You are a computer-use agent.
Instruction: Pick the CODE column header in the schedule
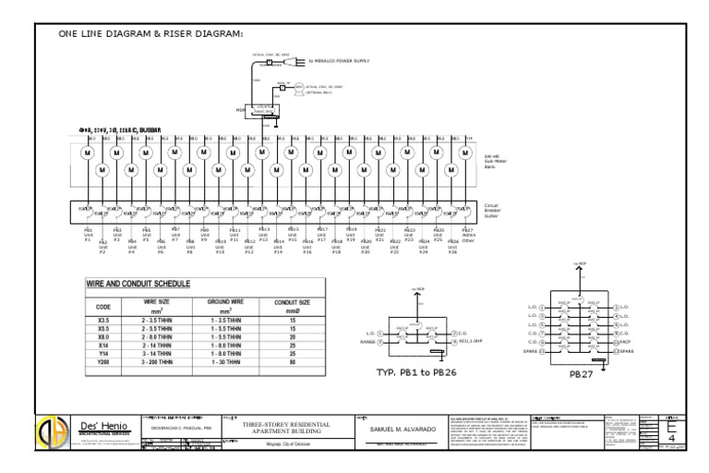(103, 305)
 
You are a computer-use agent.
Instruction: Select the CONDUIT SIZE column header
(292, 305)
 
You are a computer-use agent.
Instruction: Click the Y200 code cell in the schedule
(103, 362)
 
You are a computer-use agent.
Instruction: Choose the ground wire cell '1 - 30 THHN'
(226, 362)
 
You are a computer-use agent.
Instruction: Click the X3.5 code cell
(103, 318)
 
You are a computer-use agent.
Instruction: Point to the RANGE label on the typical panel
(367, 341)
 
